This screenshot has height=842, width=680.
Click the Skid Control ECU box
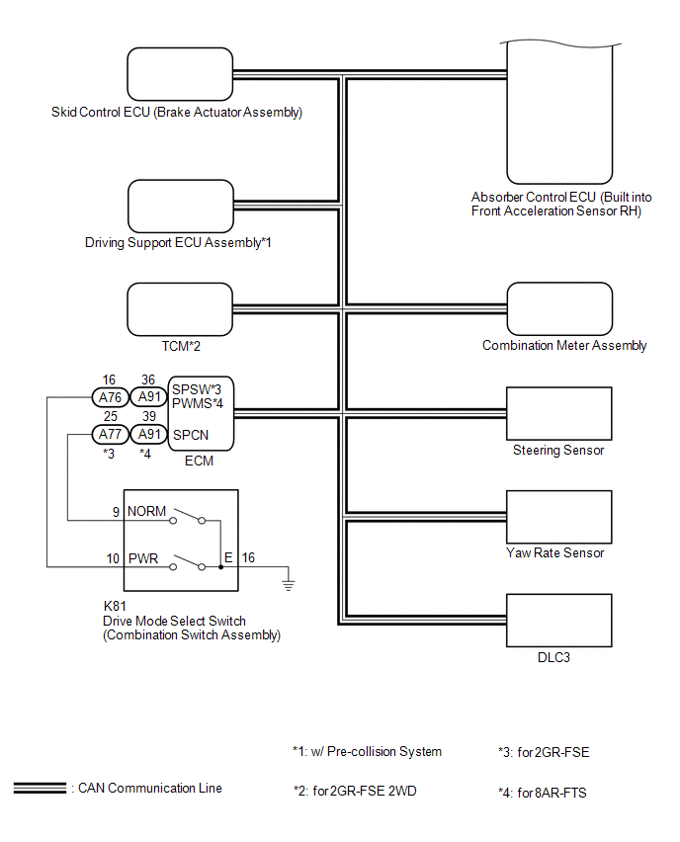tap(179, 74)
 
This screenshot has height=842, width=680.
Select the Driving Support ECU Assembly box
tap(179, 206)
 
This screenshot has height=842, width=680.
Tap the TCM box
tap(179, 309)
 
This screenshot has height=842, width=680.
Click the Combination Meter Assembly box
tap(559, 309)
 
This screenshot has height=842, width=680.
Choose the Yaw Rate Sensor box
tap(558, 515)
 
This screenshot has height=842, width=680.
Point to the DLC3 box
tap(558, 619)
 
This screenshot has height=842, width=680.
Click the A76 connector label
tap(108, 396)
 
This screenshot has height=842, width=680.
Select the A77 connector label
tap(108, 434)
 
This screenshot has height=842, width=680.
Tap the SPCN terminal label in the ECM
tap(190, 434)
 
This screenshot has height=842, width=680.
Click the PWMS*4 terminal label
tap(198, 403)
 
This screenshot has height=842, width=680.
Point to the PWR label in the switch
tap(143, 558)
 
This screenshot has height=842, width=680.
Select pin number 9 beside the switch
tap(115, 512)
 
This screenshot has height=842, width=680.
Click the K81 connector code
tap(115, 607)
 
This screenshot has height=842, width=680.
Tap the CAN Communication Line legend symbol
tap(40, 789)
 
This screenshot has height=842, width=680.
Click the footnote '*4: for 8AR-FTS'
tap(543, 792)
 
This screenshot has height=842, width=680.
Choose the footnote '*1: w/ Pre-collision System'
tap(367, 752)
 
